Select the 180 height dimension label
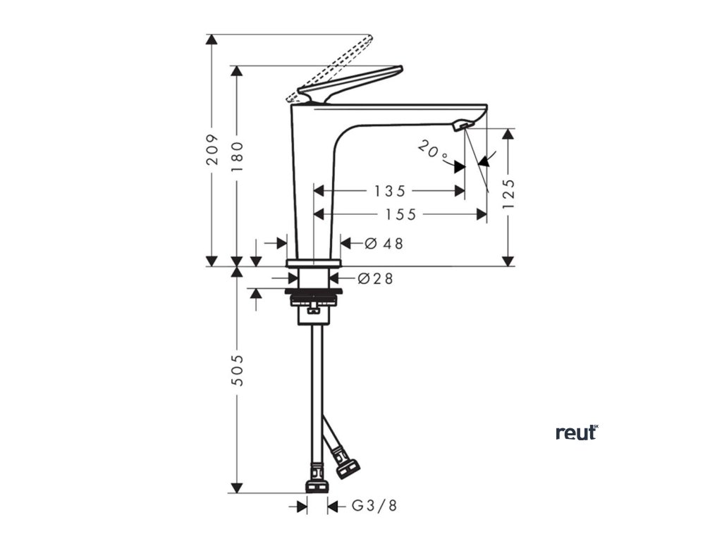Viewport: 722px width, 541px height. coord(237,156)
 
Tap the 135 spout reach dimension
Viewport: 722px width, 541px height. coord(390,190)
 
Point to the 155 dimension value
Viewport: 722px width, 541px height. coord(400,214)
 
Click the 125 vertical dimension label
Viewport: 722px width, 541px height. coord(509,194)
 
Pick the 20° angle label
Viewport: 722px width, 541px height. coord(432,150)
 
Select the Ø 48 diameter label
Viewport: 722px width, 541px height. coord(384,244)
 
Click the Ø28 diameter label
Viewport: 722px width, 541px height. coord(375,278)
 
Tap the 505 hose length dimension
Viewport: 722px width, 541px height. coord(237,369)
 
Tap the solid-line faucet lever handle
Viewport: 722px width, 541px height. coord(353,82)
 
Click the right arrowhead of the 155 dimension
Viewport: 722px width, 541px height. coord(482,214)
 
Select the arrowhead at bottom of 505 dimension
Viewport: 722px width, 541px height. coord(237,487)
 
